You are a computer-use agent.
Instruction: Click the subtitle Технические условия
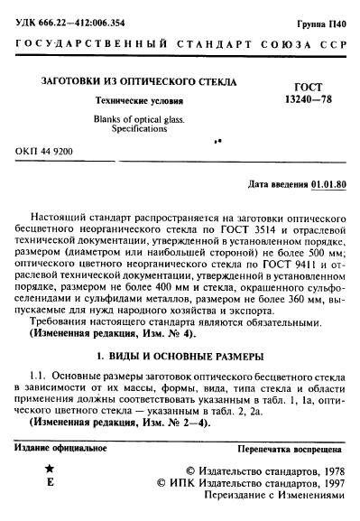133,101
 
